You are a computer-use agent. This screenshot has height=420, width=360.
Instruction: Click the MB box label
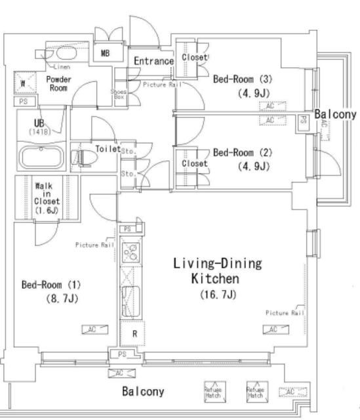point(105,53)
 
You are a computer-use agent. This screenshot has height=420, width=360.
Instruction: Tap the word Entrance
point(153,61)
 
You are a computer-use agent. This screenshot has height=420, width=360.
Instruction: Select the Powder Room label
point(58,84)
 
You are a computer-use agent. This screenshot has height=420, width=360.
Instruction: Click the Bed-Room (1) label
point(50,285)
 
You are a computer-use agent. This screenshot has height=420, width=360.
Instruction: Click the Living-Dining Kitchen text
point(217,271)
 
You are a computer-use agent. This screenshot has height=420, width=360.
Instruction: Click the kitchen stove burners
point(130,251)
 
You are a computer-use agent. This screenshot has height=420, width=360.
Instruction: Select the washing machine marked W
point(24,83)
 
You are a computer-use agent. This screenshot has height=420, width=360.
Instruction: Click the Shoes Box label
point(118,94)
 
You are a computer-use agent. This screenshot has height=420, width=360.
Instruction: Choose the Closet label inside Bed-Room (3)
point(194,58)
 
